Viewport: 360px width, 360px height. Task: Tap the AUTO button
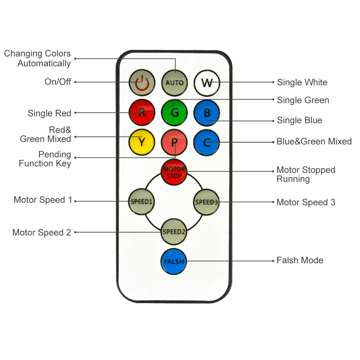[174, 82]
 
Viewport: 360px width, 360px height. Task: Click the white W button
[207, 82]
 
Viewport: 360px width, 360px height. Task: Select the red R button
[142, 112]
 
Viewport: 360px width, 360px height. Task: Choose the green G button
[174, 112]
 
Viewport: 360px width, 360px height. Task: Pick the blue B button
[207, 112]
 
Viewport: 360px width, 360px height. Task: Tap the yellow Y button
[142, 142]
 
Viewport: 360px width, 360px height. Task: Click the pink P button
[174, 142]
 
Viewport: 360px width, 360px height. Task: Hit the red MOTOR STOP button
[174, 172]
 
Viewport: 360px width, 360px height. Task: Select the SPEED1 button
[142, 202]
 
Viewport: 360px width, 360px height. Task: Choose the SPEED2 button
[174, 231]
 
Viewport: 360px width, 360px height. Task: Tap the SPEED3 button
[207, 202]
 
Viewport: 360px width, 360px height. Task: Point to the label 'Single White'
[302, 82]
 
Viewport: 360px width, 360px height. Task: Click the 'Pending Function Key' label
[45, 159]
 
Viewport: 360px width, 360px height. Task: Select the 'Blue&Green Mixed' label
[314, 141]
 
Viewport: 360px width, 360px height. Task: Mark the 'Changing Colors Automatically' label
[37, 58]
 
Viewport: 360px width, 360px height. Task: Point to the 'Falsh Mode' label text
[300, 260]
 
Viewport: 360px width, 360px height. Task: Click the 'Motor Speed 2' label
[42, 233]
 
